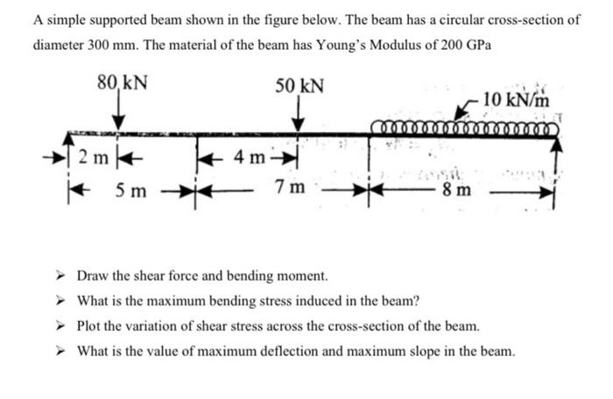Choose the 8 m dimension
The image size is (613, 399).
tap(456, 190)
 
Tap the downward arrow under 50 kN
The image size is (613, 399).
tap(299, 117)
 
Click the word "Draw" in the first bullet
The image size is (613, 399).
tap(93, 276)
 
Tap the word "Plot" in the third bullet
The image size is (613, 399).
tap(91, 327)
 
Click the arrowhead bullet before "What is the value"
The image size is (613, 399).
tap(62, 352)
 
